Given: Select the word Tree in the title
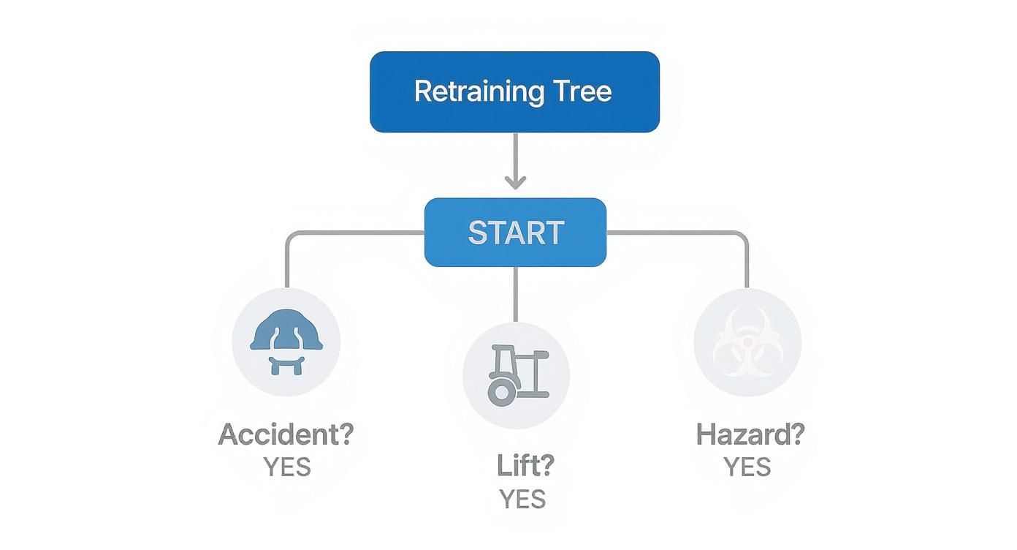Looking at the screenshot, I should pyautogui.click(x=582, y=91).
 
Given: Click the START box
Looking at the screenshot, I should pyautogui.click(x=515, y=233).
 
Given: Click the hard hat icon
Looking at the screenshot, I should pyautogui.click(x=286, y=342).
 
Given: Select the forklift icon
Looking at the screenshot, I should pyautogui.click(x=516, y=374).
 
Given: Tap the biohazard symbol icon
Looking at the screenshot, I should pyautogui.click(x=747, y=342).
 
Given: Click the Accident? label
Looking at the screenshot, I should pyautogui.click(x=286, y=434).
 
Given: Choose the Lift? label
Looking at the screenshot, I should pyautogui.click(x=525, y=466).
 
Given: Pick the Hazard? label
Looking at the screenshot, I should pyautogui.click(x=750, y=434).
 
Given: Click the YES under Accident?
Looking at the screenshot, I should pyautogui.click(x=287, y=467).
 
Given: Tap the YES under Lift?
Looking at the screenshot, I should pyautogui.click(x=522, y=499).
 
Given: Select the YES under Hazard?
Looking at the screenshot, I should pyautogui.click(x=747, y=467).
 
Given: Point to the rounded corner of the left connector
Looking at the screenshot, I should pyautogui.click(x=290, y=237).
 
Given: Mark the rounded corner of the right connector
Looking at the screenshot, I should pyautogui.click(x=742, y=237).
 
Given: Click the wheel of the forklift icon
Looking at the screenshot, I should pyautogui.click(x=501, y=392).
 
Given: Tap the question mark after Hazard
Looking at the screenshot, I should pyautogui.click(x=796, y=434).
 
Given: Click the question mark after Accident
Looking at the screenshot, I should pyautogui.click(x=345, y=434).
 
